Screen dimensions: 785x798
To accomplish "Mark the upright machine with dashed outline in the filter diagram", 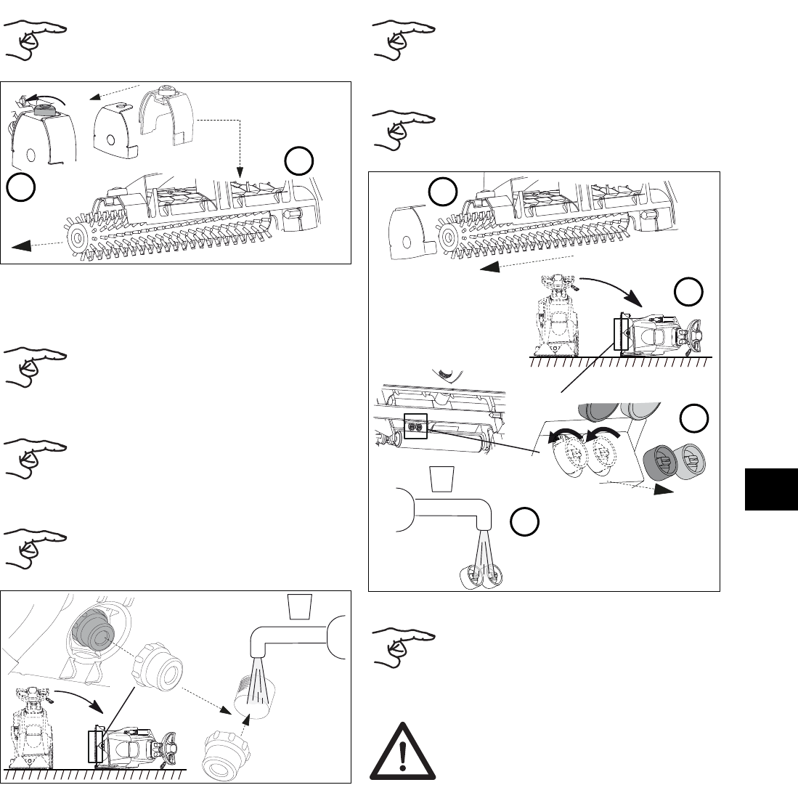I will tap(29, 733).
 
